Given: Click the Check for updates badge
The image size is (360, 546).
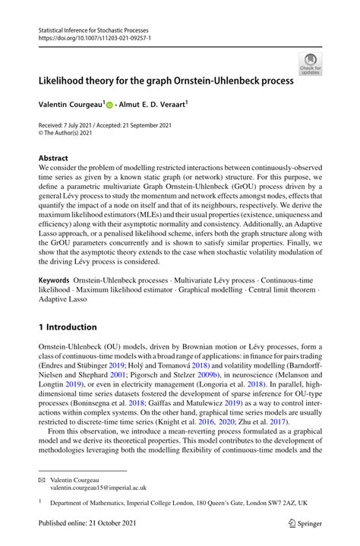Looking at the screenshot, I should [x=310, y=64].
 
